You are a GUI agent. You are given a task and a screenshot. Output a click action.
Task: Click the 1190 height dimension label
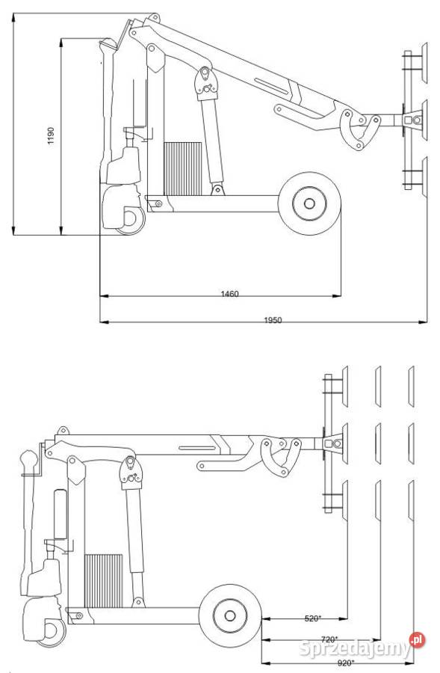click(x=51, y=135)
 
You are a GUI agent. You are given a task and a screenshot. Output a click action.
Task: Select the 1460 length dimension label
click(x=229, y=294)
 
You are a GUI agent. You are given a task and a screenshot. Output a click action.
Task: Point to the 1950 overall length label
click(x=273, y=320)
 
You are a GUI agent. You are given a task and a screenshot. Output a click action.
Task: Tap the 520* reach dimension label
click(x=313, y=618)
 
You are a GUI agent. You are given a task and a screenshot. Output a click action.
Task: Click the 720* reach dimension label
click(x=329, y=639)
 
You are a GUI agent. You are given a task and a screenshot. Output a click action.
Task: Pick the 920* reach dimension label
click(x=346, y=663)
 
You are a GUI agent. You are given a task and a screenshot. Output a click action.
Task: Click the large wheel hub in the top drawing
click(x=309, y=203)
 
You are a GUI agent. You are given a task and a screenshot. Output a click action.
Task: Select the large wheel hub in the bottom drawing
click(x=230, y=616)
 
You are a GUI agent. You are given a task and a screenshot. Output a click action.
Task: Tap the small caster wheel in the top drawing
click(x=131, y=220)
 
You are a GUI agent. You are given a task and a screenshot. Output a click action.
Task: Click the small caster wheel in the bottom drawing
click(x=52, y=632)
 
